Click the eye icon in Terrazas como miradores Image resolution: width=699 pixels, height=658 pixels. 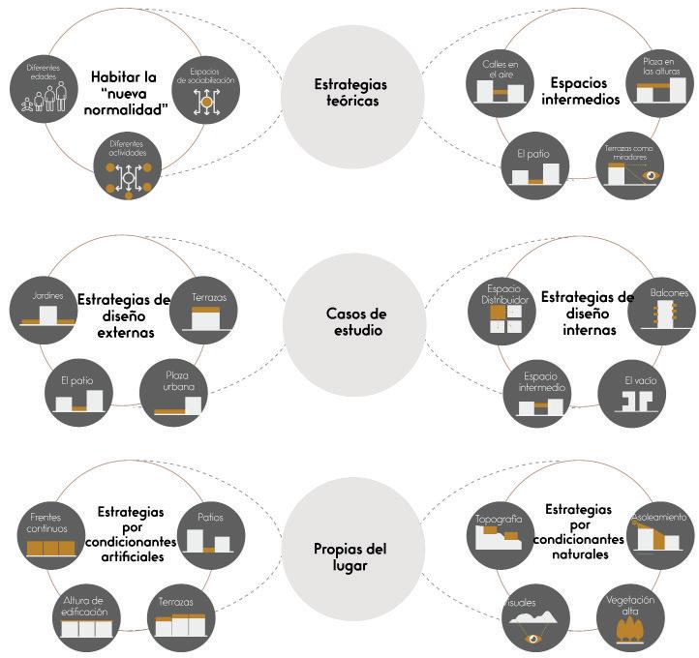tap(651, 175)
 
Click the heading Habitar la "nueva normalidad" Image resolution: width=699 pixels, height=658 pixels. tap(131, 93)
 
